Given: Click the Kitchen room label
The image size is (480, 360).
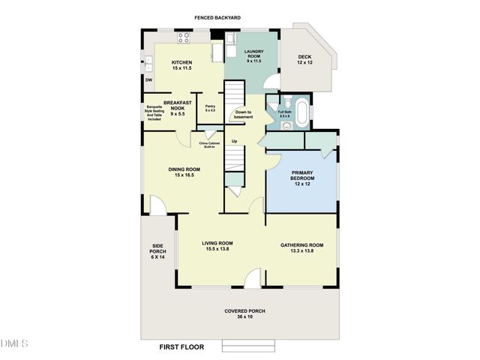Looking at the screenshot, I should click(x=181, y=65).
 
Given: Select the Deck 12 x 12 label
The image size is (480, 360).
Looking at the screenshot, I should click(x=304, y=59).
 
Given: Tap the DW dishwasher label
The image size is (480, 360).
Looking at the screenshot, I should click(x=148, y=79).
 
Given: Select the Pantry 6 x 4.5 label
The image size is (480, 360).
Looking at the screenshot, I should click(x=199, y=108).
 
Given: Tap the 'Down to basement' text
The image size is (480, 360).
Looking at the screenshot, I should click(x=244, y=115).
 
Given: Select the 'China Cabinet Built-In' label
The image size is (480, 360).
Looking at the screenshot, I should click(x=208, y=145).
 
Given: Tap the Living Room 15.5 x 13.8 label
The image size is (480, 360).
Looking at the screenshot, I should click(x=217, y=246).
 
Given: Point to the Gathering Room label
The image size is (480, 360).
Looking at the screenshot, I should click(x=301, y=248).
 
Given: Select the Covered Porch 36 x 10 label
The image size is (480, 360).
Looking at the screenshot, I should click(x=245, y=313).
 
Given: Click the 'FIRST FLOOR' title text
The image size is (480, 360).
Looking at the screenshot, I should click(x=182, y=347).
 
